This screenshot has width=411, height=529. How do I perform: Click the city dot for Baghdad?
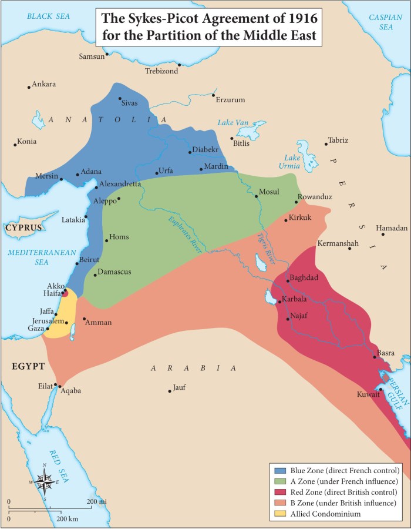tap(288, 281)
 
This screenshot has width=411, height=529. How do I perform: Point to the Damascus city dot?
tap(95, 274)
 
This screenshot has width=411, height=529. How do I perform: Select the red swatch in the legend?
tap(280, 492)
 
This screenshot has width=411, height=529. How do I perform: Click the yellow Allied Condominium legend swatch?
tap(280, 514)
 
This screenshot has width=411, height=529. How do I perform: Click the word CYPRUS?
tap(24, 228)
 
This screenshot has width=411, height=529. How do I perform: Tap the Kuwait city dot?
tap(380, 390)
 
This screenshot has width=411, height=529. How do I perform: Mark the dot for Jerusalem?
tap(66, 323)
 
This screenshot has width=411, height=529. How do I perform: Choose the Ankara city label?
tap(44, 84)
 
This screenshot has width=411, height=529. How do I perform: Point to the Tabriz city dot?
tap(326, 144)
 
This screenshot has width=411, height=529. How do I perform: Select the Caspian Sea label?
tap(385, 22)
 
